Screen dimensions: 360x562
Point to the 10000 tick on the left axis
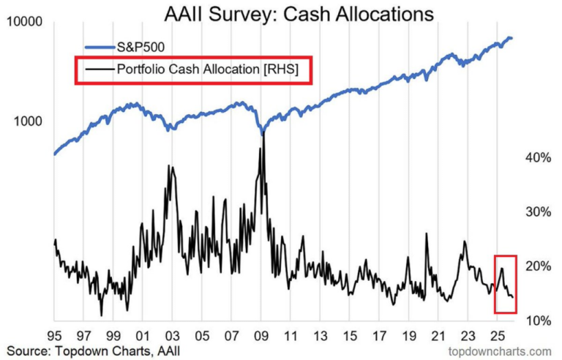(x=26, y=23)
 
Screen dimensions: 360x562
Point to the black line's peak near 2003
(x=171, y=166)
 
